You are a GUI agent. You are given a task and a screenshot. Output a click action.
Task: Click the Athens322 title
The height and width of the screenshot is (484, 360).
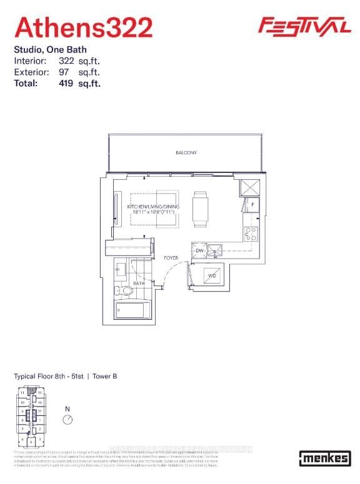[83, 27]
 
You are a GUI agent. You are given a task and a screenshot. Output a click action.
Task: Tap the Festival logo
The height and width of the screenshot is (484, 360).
[304, 26]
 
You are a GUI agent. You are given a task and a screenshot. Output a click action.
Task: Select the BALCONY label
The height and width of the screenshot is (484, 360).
[186, 152]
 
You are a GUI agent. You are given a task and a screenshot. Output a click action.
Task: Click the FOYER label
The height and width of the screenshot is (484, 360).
[171, 257]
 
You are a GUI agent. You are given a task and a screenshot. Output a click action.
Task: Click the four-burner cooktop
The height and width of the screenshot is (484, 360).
[251, 234]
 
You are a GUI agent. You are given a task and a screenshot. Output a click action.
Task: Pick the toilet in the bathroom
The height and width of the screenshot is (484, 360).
[125, 290]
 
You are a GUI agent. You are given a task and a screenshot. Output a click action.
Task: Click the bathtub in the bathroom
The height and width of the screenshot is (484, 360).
[132, 310]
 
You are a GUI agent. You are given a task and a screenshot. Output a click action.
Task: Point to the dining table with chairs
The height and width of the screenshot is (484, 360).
[200, 209]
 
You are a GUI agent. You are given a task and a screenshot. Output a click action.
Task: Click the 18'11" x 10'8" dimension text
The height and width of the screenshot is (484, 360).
[152, 212]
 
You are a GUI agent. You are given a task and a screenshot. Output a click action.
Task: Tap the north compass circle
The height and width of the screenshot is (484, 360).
[67, 420]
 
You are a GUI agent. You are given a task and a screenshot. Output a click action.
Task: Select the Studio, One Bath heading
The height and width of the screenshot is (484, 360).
[50, 49]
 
